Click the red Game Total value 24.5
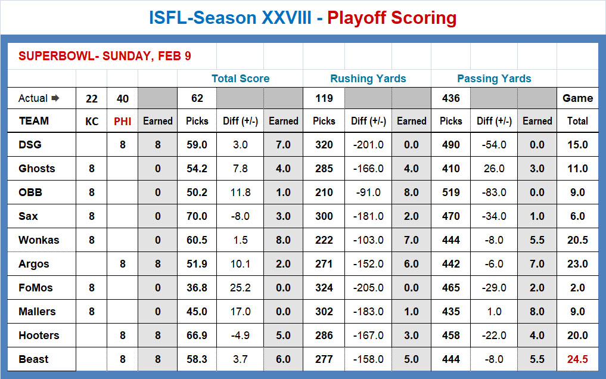tap(577, 359)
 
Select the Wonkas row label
tap(39, 240)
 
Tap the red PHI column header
tap(123, 122)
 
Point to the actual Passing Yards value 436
tap(450, 98)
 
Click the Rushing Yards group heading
tap(368, 79)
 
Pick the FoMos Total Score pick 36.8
tap(197, 288)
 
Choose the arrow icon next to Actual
tap(55, 98)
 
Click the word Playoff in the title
tap(356, 18)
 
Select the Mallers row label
tap(37, 312)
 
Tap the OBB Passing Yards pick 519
tap(450, 192)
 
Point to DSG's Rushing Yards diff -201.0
tap(368, 145)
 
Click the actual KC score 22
tap(92, 98)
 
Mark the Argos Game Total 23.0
tap(577, 264)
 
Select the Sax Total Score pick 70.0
tap(197, 216)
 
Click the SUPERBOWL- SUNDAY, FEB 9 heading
tap(105, 56)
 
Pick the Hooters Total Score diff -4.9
tap(240, 335)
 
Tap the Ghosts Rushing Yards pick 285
tap(324, 169)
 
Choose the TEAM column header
tap(34, 121)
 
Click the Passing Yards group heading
tap(494, 79)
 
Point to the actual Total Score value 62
tap(197, 98)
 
